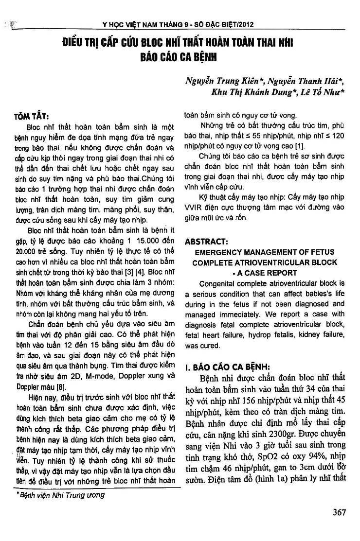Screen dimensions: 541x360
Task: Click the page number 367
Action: pos(336,512)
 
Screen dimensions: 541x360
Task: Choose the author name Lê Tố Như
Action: pos(322,92)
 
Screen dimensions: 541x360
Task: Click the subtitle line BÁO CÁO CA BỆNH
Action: pos(177,56)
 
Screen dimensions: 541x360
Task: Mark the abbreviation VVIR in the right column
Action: pos(193,207)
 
